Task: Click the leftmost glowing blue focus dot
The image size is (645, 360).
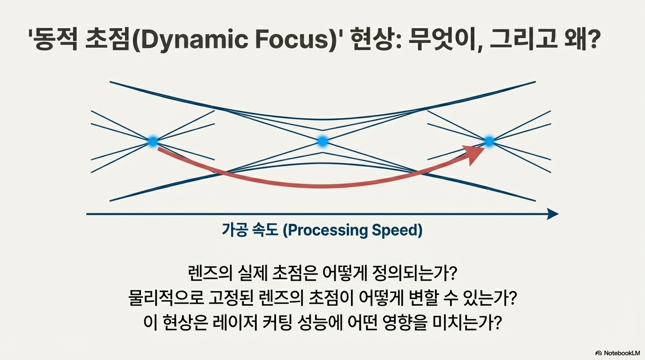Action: [x=153, y=141]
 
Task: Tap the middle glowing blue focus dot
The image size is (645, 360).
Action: [x=322, y=141]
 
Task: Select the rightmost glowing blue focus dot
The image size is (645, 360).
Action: [x=489, y=141]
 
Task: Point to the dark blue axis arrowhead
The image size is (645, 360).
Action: [x=553, y=214]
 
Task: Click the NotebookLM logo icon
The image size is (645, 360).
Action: [x=598, y=352]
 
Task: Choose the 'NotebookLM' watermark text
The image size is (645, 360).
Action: [x=621, y=352]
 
